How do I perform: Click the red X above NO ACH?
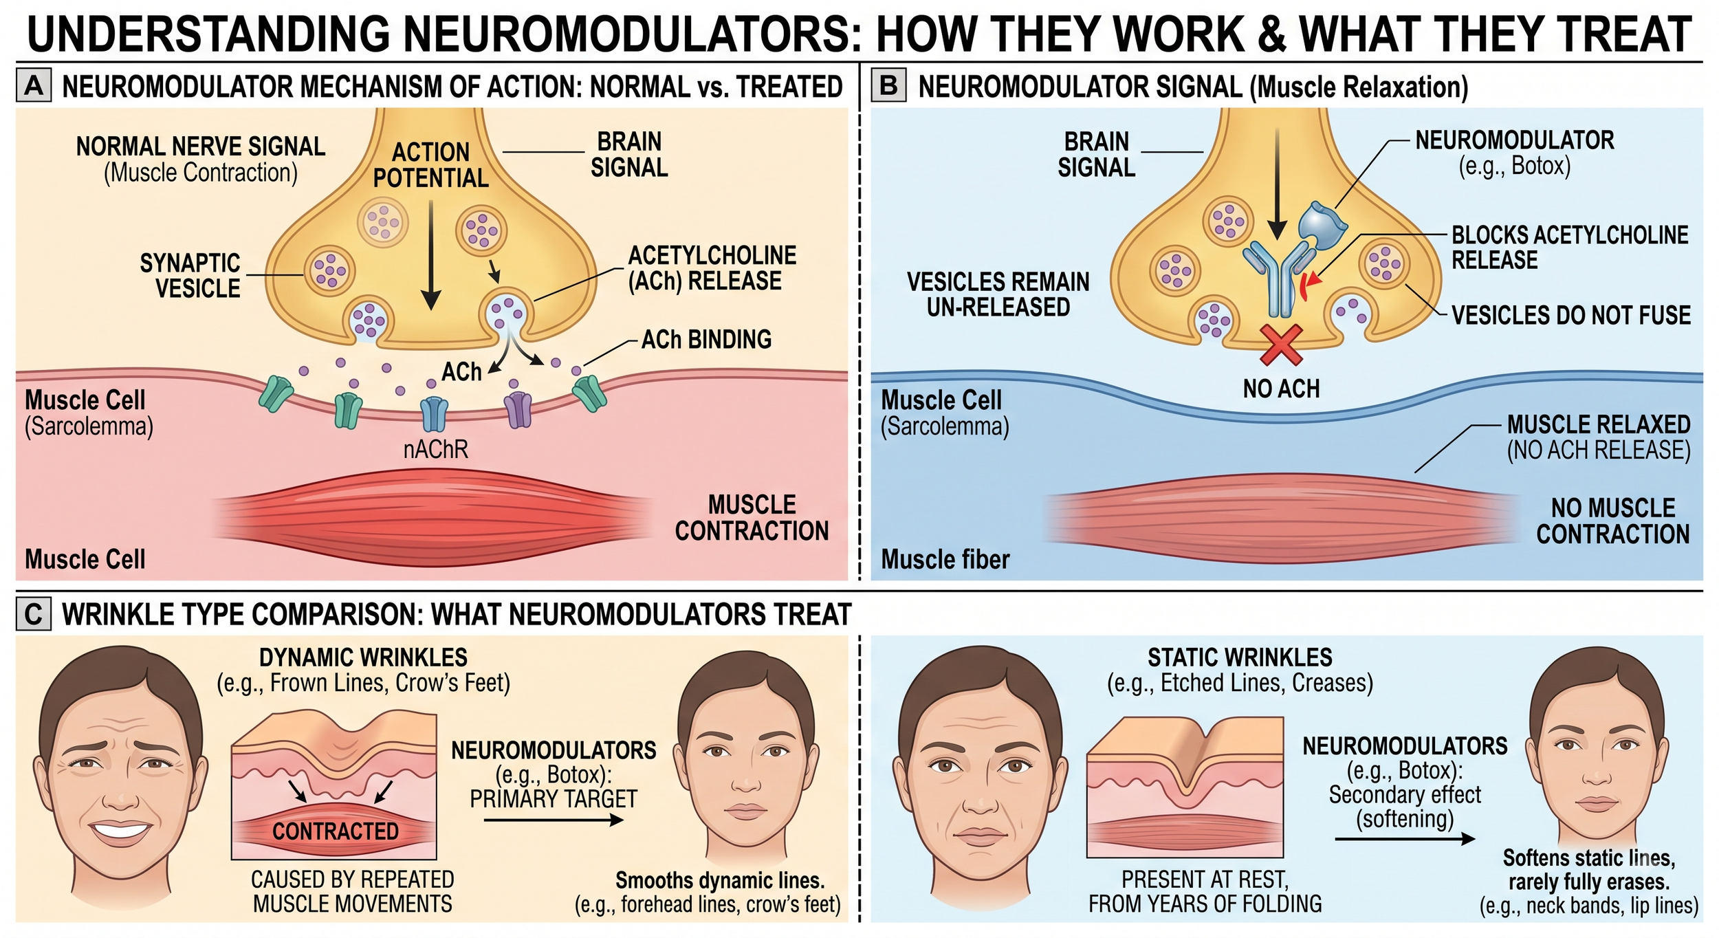[x=1281, y=345]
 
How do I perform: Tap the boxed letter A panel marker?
[x=34, y=86]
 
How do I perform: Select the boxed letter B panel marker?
[x=888, y=86]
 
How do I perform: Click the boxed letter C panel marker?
[x=34, y=613]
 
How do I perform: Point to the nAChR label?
[x=435, y=450]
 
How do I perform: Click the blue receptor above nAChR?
[x=434, y=413]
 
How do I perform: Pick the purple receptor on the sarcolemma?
[x=518, y=409]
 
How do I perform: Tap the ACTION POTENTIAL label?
[x=430, y=165]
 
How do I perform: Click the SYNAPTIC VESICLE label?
[x=190, y=275]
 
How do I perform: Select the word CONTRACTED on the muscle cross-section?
[x=336, y=831]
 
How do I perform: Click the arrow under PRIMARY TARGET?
[x=554, y=820]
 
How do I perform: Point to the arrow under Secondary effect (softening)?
[x=1405, y=839]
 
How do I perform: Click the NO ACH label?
[x=1281, y=389]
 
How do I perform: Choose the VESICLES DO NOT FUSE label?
[x=1571, y=316]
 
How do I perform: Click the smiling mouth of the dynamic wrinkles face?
[x=121, y=830]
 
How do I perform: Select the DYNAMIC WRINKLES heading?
[x=363, y=657]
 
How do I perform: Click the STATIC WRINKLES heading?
[x=1240, y=657]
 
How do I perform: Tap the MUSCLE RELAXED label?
[x=1599, y=424]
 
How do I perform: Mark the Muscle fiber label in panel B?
[x=945, y=560]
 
